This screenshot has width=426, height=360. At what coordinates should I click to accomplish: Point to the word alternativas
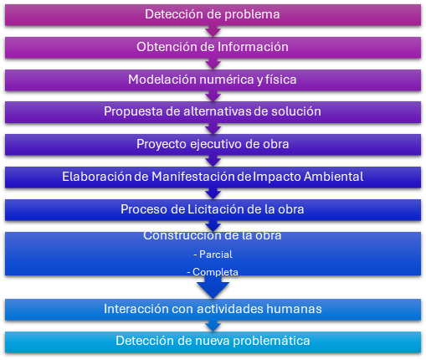click(x=218, y=111)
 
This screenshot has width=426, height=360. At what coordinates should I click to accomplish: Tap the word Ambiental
click(x=333, y=177)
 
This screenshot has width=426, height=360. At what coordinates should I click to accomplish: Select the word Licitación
click(x=216, y=209)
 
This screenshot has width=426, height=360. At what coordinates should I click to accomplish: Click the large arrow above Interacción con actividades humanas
click(x=213, y=287)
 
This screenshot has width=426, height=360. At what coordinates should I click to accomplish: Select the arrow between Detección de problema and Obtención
click(x=213, y=31)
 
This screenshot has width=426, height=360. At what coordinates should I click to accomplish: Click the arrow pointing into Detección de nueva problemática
click(x=213, y=326)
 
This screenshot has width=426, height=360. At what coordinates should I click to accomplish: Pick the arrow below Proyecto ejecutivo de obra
click(x=213, y=161)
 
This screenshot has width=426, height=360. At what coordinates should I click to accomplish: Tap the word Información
click(x=253, y=47)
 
